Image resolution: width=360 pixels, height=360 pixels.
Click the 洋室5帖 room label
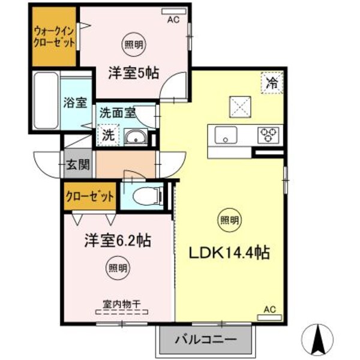click(133, 73)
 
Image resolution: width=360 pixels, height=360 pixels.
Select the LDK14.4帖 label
click(230, 252)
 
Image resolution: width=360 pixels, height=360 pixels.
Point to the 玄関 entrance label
click(78, 163)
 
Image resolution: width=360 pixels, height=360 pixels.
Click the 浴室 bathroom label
click(75, 102)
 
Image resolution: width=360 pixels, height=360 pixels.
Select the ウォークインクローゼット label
click(54, 37)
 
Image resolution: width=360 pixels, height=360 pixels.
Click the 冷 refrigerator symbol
click(272, 83)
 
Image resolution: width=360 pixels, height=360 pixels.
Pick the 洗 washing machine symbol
click(108, 134)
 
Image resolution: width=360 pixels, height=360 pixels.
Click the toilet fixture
click(145, 194)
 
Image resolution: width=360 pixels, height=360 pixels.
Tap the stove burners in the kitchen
click(270, 134)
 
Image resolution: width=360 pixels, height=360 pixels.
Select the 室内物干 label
click(118, 304)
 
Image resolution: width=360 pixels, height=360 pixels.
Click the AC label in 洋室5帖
click(173, 19)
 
